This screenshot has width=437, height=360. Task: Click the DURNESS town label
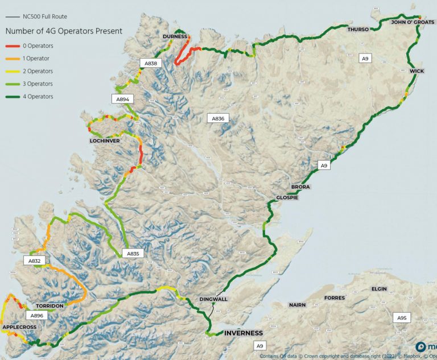175,36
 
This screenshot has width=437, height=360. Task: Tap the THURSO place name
358,29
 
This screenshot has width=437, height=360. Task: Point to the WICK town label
417,71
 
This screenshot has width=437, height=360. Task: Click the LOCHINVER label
104,140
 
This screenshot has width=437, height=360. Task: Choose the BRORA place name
300,187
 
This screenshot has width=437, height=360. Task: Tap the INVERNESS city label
244,333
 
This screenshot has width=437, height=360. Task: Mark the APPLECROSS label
21,328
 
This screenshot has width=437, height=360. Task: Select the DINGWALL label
213,299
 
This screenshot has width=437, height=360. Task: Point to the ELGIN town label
379,289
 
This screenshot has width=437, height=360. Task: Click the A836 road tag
219,118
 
